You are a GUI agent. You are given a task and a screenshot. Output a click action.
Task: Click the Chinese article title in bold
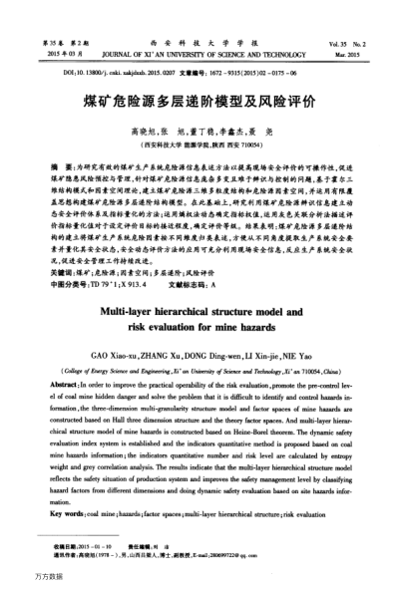[201, 101]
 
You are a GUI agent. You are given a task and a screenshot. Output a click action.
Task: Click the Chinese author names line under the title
[201, 130]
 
